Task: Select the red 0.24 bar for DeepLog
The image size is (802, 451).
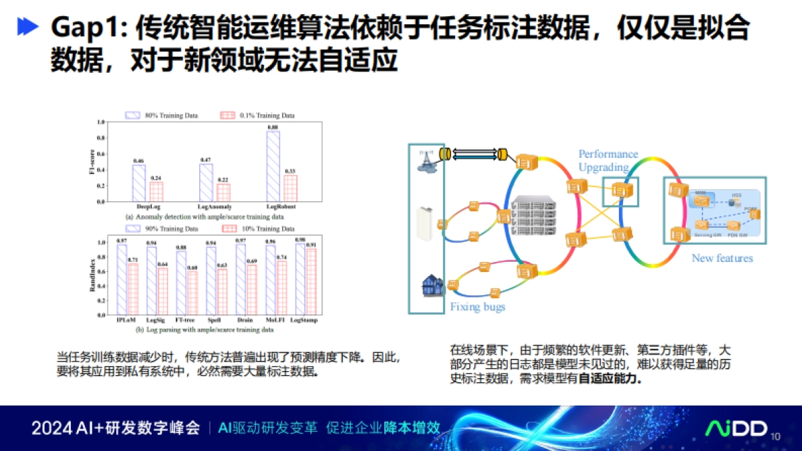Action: click(156, 192)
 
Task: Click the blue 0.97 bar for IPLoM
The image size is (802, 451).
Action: click(122, 280)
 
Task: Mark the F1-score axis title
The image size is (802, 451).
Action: click(93, 161)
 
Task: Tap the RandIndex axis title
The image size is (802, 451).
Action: click(93, 277)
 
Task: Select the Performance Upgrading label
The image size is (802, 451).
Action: click(608, 161)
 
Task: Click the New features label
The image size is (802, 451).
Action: click(722, 258)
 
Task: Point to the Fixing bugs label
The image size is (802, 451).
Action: click(477, 307)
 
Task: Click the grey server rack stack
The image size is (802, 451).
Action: click(533, 217)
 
